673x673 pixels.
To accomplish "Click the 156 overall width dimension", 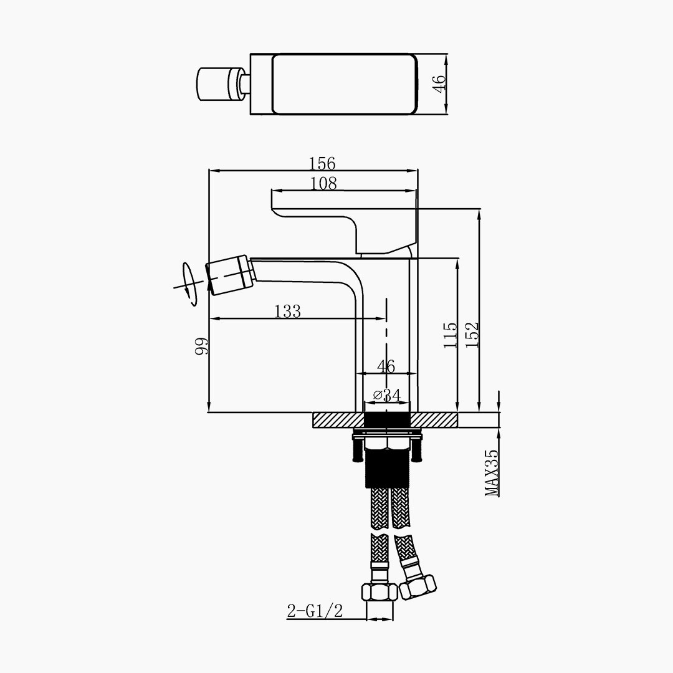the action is click(x=322, y=163).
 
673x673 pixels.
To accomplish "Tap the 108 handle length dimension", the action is click(x=323, y=184).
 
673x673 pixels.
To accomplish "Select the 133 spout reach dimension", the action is click(x=287, y=311).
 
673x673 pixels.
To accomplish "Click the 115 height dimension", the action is click(x=451, y=335).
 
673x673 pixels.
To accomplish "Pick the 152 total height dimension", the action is click(x=471, y=335).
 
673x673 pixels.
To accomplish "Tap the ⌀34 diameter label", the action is click(x=387, y=394).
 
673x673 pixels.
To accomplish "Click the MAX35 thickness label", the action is click(x=492, y=473).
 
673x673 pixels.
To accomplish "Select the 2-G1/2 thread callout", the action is click(x=315, y=611).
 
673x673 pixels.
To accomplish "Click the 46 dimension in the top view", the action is click(x=439, y=84).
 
